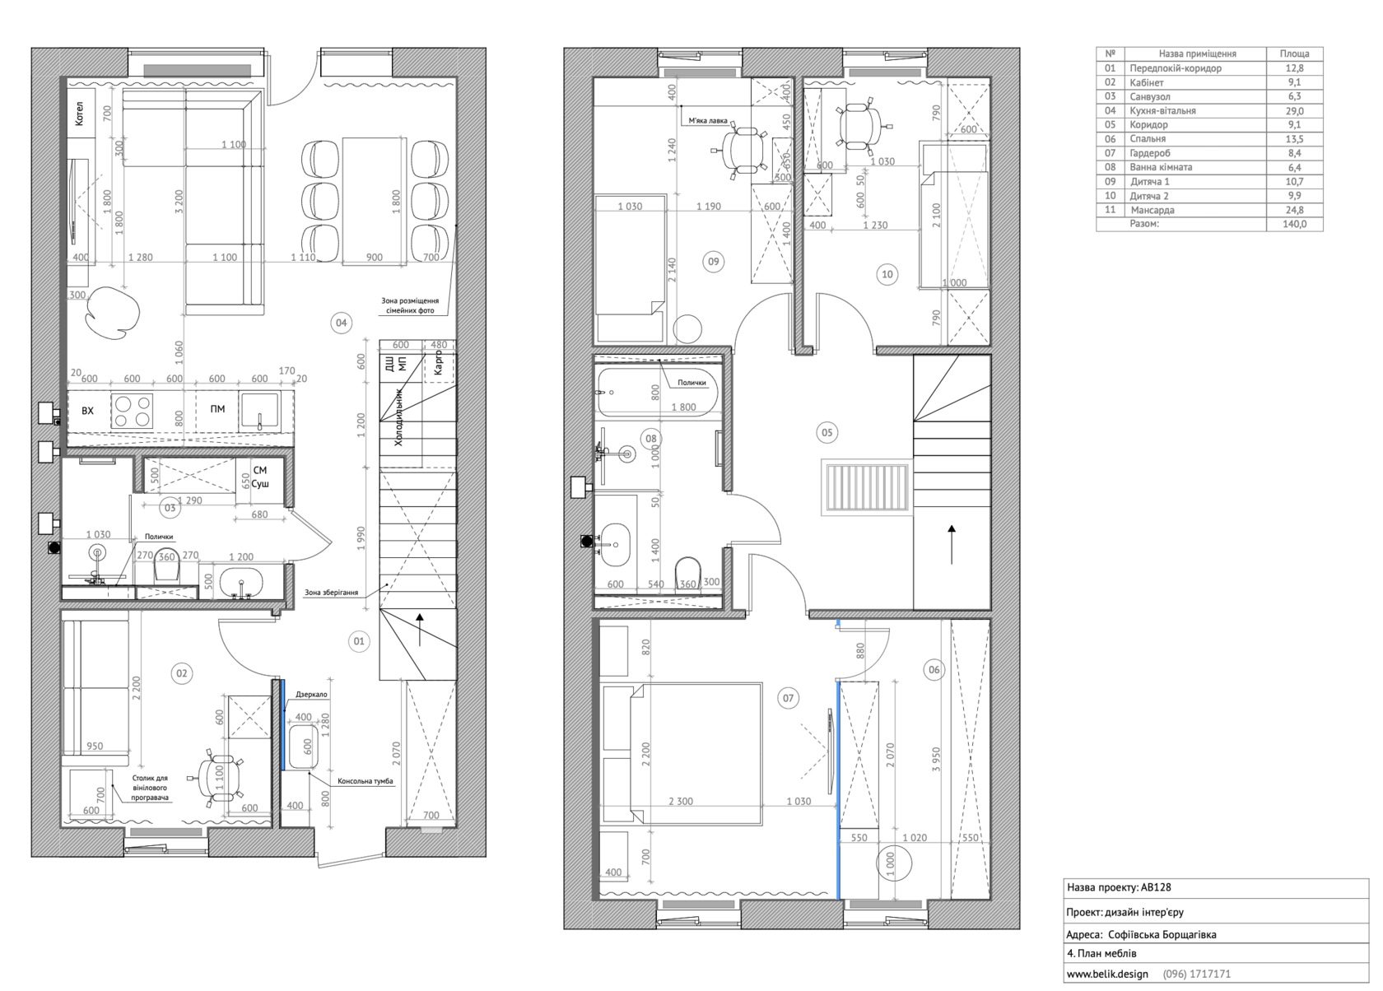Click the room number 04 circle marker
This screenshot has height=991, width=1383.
[342, 323]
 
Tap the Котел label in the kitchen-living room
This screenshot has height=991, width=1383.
[79, 114]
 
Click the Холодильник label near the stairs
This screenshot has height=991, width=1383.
[398, 417]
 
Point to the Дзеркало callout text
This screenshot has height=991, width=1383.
[311, 694]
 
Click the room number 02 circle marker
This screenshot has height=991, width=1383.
[181, 673]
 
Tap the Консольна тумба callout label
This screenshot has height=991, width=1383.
[365, 781]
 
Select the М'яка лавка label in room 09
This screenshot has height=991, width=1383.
[708, 121]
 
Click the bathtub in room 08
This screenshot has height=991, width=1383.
[659, 393]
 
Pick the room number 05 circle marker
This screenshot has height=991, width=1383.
[827, 432]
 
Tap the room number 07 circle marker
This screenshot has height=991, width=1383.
[788, 698]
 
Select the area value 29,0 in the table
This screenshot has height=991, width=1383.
[1294, 110]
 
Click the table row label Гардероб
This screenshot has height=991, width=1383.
[1149, 153]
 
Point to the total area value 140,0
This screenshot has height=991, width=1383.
[1294, 224]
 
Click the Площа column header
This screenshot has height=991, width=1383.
[1294, 54]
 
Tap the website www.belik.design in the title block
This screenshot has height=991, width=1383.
[1108, 974]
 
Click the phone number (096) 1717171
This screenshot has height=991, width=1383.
[1197, 974]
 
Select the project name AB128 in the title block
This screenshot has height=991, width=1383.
[1156, 887]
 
